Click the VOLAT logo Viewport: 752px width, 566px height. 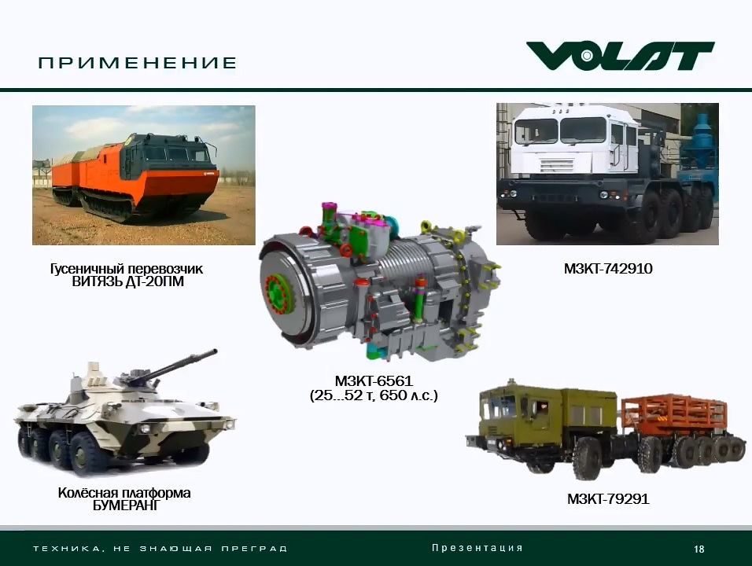(x=620, y=56)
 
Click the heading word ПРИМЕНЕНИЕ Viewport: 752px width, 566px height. (x=138, y=63)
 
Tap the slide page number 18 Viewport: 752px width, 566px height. (x=699, y=549)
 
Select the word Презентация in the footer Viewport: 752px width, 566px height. (x=477, y=548)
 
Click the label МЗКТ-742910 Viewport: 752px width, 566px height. (x=608, y=268)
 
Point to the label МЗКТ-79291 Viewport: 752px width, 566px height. (x=608, y=499)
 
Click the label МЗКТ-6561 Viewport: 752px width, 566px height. (x=374, y=381)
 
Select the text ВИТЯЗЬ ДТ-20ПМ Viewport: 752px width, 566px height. (x=128, y=281)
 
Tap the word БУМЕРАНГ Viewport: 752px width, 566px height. (x=125, y=505)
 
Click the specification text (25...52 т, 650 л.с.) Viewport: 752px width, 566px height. (x=374, y=396)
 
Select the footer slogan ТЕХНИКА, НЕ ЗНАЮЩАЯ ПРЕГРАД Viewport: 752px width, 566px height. (x=160, y=548)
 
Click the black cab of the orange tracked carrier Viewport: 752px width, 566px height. (x=165, y=154)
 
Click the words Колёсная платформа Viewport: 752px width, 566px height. (x=124, y=493)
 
